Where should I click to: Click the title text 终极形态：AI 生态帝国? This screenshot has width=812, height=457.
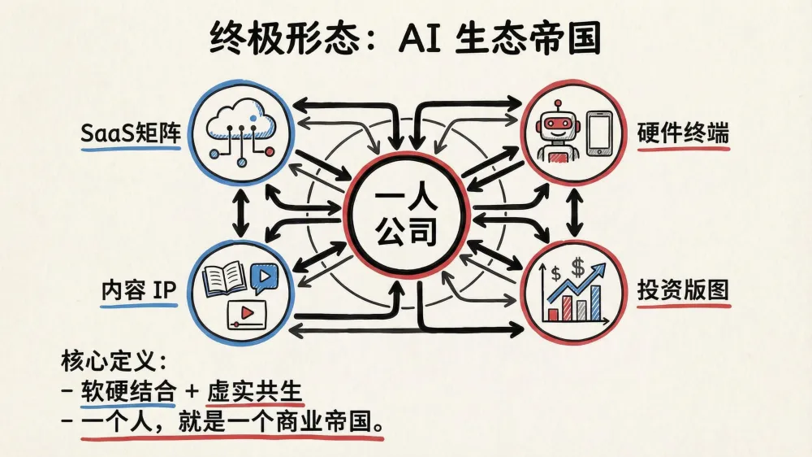[405, 37]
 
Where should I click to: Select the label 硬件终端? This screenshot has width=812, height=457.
[682, 134]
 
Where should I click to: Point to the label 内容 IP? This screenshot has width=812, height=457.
[139, 291]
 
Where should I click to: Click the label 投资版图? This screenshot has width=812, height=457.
[682, 291]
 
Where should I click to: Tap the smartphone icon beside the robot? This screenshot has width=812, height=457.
[598, 133]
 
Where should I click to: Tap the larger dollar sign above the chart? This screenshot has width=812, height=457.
[578, 266]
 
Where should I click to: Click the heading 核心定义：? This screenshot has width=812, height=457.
[113, 359]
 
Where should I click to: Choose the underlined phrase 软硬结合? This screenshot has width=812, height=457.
[128, 390]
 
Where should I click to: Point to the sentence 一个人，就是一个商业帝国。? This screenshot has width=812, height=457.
[231, 423]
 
